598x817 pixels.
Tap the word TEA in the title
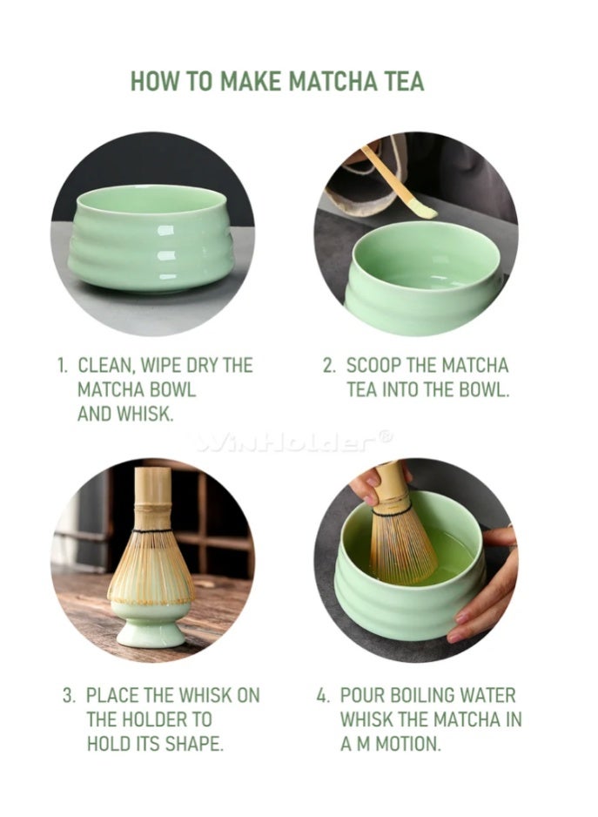coord(401,82)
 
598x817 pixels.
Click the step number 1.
coord(63,366)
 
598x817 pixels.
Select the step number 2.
coord(329,366)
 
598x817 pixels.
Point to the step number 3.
coord(69,696)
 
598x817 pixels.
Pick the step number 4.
coord(323,696)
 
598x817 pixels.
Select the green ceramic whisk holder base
coord(151,626)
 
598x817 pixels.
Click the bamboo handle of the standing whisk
coord(153,497)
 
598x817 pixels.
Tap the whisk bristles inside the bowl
coord(400,545)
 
